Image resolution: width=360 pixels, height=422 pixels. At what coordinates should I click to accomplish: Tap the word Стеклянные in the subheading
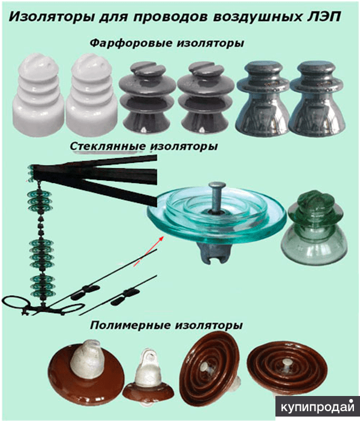pyautogui.click(x=108, y=146)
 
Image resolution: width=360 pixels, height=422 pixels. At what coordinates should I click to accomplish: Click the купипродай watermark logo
pyautogui.click(x=318, y=407)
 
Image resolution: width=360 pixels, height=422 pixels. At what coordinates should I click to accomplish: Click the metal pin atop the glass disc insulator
pyautogui.click(x=216, y=196)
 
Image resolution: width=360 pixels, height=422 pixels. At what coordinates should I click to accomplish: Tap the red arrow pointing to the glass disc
pyautogui.click(x=149, y=252)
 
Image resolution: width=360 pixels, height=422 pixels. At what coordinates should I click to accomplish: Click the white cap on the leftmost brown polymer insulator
pyautogui.click(x=86, y=356)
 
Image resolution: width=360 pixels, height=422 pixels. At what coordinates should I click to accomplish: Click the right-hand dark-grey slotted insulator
pyautogui.click(x=205, y=97)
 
